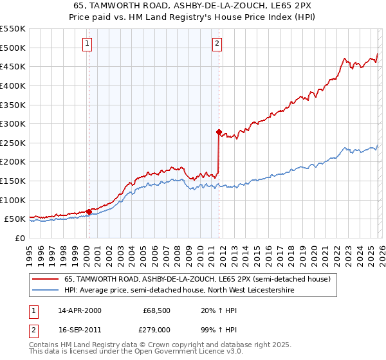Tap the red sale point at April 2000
point(89,212)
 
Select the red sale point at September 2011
point(219,132)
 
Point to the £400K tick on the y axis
point(13,85)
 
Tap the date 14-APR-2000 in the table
point(80,310)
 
